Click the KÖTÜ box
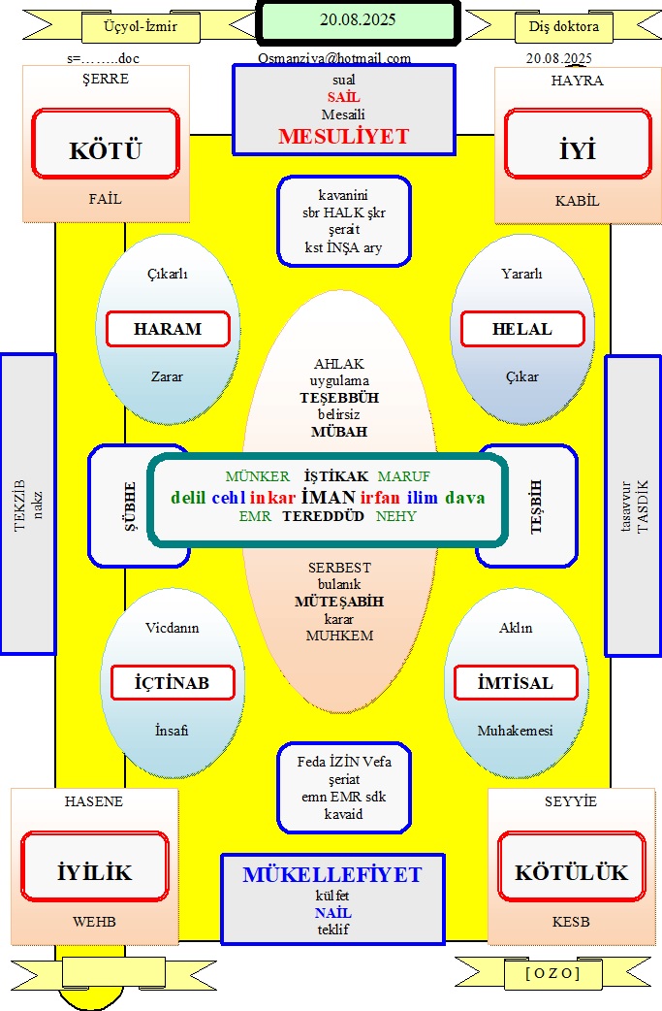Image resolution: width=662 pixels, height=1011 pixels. [x=106, y=144]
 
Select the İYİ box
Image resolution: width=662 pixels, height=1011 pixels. [x=578, y=144]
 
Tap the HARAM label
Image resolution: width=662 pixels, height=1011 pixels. [x=168, y=329]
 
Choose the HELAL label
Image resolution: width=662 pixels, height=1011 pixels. [x=522, y=329]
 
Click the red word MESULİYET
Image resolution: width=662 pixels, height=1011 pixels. [x=344, y=136]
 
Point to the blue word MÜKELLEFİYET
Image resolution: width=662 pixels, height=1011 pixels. [x=332, y=874]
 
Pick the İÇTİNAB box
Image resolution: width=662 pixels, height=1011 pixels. [x=172, y=683]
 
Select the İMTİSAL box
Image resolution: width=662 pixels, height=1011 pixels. [x=516, y=683]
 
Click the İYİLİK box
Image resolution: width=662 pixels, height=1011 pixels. [x=95, y=866]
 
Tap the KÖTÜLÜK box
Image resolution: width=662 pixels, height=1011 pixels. [x=571, y=866]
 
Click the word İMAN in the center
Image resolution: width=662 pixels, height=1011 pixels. [x=329, y=497]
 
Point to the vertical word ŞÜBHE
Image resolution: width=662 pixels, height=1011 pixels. [x=130, y=506]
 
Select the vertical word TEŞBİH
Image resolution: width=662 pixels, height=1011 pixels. [x=536, y=506]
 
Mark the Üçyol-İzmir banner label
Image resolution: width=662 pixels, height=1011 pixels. [x=141, y=26]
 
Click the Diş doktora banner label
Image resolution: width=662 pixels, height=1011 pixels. [x=564, y=26]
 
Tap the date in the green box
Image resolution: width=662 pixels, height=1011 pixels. [x=358, y=20]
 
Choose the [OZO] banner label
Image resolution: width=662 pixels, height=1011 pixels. [x=553, y=973]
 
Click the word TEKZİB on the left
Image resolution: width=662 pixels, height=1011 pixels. [x=20, y=505]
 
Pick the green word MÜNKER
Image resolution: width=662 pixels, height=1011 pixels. [x=258, y=476]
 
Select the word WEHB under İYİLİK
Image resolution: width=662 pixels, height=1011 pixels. [x=95, y=922]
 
